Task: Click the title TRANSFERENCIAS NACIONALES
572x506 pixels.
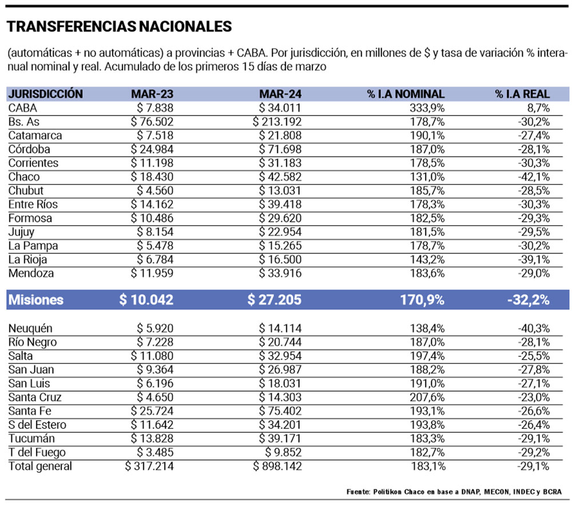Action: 119,26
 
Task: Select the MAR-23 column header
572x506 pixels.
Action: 152,94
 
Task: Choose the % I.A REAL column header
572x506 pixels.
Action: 522,94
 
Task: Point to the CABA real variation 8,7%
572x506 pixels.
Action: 537,107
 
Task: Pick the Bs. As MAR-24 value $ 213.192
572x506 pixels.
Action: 277,121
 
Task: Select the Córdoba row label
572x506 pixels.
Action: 30,149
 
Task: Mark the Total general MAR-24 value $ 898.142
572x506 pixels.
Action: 277,467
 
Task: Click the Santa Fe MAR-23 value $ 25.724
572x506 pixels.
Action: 152,411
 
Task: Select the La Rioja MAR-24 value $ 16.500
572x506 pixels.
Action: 280,260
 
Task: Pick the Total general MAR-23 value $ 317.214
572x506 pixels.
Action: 149,467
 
